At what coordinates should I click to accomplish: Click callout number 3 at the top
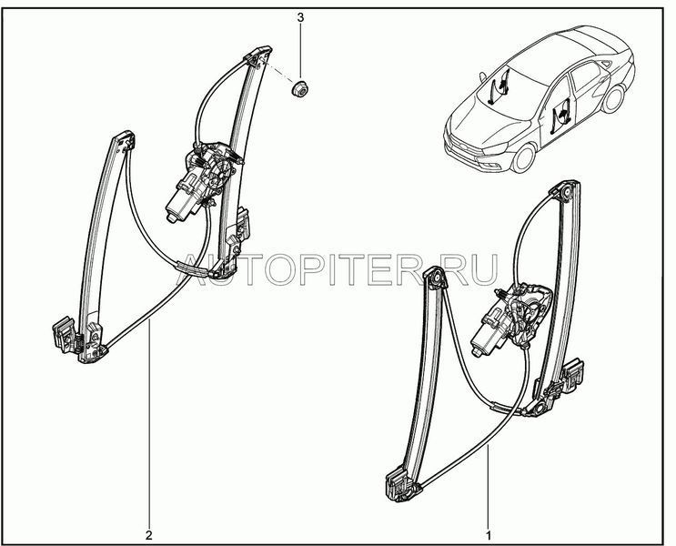coord(300,17)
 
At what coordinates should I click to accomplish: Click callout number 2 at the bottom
coord(148,535)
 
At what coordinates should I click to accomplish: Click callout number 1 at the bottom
coord(489,535)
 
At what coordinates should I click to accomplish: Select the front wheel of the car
coord(525,157)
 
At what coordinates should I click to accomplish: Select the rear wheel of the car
coord(613,99)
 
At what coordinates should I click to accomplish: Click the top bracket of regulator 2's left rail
coord(124,141)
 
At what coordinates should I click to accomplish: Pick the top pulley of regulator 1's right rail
coord(566,191)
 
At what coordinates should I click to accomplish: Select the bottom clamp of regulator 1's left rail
coord(399,486)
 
